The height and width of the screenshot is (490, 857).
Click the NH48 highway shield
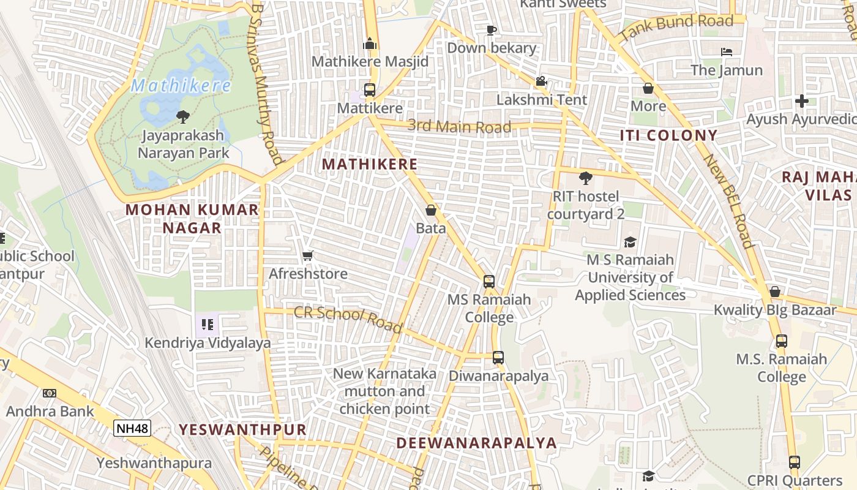point(132,428)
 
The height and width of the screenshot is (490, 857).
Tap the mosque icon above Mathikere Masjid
point(370,44)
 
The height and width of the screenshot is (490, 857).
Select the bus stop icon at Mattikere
point(370,90)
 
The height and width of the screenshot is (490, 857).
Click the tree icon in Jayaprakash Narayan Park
point(182,116)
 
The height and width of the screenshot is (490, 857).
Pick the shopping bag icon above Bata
point(431,211)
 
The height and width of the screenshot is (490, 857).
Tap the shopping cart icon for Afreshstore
point(308,255)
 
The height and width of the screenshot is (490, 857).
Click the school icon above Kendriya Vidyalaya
point(207,325)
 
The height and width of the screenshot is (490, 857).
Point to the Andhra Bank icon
point(50,393)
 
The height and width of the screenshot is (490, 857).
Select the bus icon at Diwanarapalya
point(498,358)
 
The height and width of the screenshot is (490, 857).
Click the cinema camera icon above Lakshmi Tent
point(541,81)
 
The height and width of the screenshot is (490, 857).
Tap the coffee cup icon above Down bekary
point(491,30)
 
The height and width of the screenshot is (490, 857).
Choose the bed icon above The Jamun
point(727,52)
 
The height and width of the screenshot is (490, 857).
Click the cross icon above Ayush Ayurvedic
point(802,101)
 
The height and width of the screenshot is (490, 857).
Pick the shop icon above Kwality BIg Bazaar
point(774,292)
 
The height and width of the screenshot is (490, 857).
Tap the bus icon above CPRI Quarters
point(794,462)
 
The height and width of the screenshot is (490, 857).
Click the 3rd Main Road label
point(459,127)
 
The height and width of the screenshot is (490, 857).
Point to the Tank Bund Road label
point(676,28)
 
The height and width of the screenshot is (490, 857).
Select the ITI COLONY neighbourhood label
point(668,135)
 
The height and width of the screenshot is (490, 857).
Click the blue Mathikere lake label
point(182,86)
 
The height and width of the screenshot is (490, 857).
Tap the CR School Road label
point(348,319)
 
